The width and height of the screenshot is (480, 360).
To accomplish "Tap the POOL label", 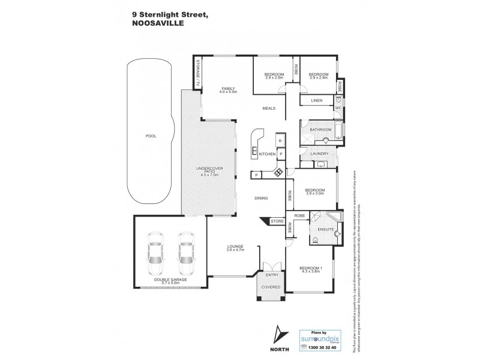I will pyautogui.click(x=151, y=136).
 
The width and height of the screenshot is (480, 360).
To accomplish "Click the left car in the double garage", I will pyautogui.click(x=155, y=250).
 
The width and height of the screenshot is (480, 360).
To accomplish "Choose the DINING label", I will pyautogui.click(x=260, y=198).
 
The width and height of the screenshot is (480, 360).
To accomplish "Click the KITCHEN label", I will pyautogui.click(x=267, y=154).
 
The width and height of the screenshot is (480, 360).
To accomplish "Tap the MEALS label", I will pyautogui.click(x=269, y=109).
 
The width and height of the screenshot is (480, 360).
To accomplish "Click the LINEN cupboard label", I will pyautogui.click(x=318, y=101).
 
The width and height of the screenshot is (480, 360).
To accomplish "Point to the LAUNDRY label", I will pyautogui.click(x=319, y=154).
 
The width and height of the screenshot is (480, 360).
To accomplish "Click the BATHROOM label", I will pyautogui.click(x=321, y=129).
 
